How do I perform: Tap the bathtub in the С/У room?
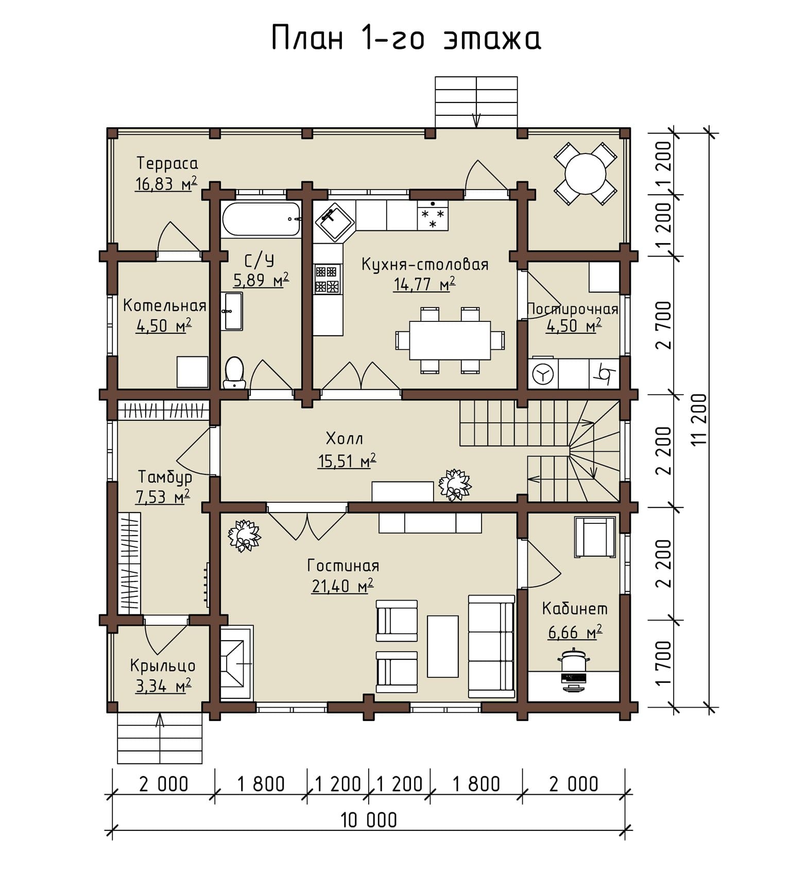pos(261,219)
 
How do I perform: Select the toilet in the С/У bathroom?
pos(234,372)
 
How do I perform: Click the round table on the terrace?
pos(585,174)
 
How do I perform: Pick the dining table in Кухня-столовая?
pos(450,340)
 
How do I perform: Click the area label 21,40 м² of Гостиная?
pos(342,586)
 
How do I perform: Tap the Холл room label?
pos(345,439)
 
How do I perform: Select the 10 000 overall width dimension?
pos(369,819)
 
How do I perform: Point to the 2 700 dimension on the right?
pos(664,325)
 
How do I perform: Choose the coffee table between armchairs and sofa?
pos(442,646)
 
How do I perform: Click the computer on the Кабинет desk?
pos(573,671)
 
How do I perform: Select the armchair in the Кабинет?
pos(595,537)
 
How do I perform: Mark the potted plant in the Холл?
pos(454,485)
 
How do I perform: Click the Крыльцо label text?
pos(163,666)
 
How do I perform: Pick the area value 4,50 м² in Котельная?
pos(164,326)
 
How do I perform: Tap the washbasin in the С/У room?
pos(232,311)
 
